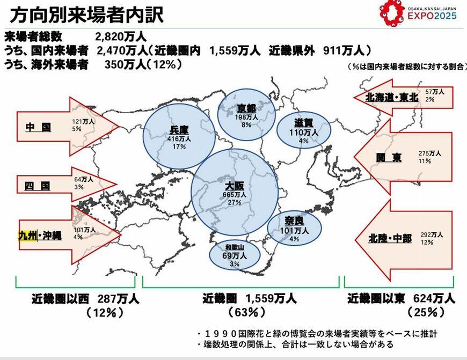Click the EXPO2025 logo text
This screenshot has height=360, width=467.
[x=432, y=16]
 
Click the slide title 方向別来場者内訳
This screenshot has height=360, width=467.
[x=86, y=14]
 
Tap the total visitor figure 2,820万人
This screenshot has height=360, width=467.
[x=121, y=37]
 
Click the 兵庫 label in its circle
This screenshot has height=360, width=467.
[x=179, y=130]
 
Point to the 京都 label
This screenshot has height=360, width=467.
[x=246, y=109]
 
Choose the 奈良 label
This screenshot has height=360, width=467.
[x=294, y=222]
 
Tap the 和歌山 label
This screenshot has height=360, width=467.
[x=235, y=247]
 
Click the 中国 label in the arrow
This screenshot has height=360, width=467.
[x=38, y=128]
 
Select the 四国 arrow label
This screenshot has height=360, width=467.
[x=38, y=186]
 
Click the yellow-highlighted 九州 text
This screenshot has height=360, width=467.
[x=27, y=236]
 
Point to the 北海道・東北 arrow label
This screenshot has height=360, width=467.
[x=392, y=98]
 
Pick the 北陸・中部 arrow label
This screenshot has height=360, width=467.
[x=390, y=238]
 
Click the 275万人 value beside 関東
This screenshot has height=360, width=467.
[x=429, y=153]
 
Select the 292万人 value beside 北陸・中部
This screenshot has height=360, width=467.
[x=432, y=234]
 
